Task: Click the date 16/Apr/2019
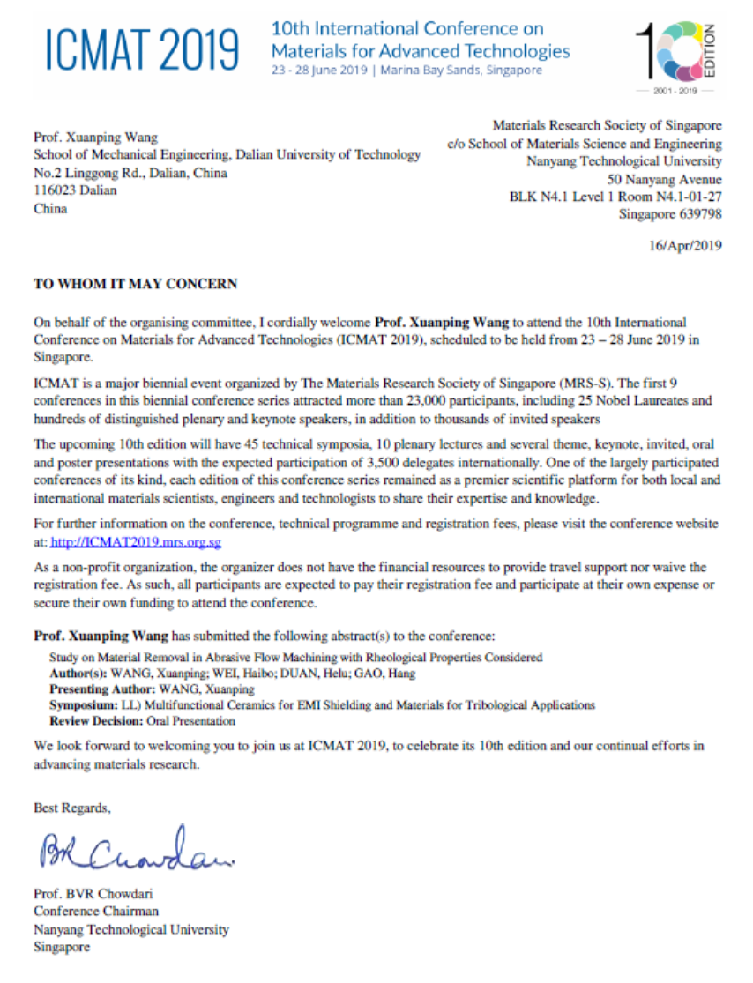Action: tap(685, 246)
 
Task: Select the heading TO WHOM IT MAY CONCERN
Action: tap(135, 284)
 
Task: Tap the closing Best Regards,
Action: tap(72, 808)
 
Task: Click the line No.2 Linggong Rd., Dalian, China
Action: tap(130, 173)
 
